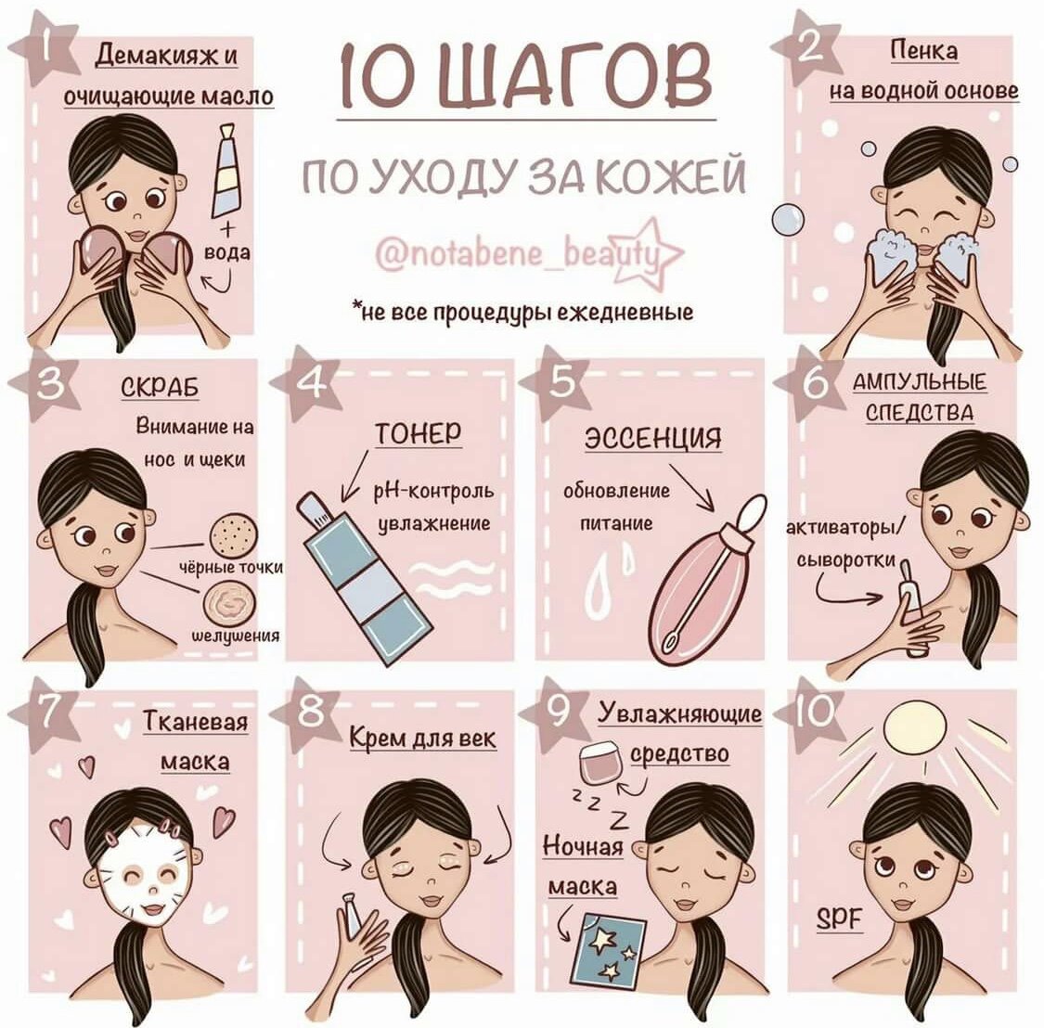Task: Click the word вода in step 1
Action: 227,253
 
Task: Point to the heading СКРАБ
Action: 160,388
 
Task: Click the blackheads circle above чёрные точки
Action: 234,533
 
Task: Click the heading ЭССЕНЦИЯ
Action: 653,438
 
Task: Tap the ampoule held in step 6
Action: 913,606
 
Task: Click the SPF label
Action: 840,919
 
